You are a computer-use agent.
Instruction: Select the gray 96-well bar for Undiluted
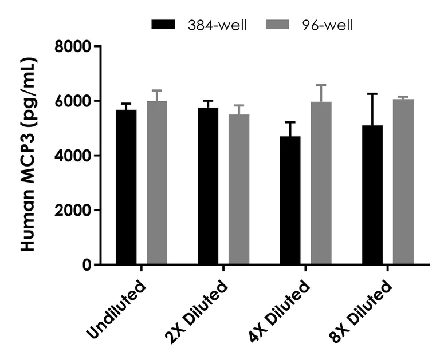point(157,183)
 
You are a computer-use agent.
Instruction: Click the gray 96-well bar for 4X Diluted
point(321,183)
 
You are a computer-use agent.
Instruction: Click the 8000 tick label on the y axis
point(74,46)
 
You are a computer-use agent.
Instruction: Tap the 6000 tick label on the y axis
point(74,101)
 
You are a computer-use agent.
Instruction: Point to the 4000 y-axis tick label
point(74,156)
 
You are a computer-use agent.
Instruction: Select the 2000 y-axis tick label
point(74,210)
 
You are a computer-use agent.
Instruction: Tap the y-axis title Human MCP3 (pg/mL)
point(29,155)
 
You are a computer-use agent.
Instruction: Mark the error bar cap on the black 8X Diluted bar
point(372,93)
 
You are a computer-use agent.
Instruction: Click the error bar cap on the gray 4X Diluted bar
point(321,85)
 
